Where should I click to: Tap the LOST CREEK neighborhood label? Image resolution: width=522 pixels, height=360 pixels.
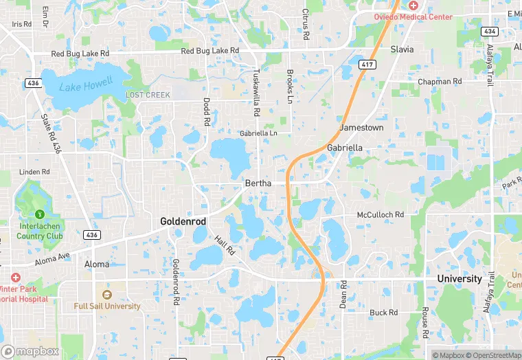(148, 95)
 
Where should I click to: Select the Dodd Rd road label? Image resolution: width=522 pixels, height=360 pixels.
(206, 111)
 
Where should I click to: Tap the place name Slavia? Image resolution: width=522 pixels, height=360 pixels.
(402, 49)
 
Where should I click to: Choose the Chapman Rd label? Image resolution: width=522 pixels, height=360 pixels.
(440, 81)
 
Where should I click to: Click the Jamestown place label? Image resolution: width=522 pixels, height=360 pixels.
(361, 128)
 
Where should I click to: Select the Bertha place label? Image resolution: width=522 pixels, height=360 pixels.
(258, 183)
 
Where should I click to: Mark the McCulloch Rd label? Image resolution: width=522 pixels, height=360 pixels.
(380, 215)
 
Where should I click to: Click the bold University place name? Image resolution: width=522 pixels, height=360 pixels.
(459, 279)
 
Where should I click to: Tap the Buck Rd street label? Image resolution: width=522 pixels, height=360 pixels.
(383, 313)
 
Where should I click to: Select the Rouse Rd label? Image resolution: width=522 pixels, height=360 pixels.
(426, 322)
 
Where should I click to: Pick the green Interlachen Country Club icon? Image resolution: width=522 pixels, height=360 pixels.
(40, 215)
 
